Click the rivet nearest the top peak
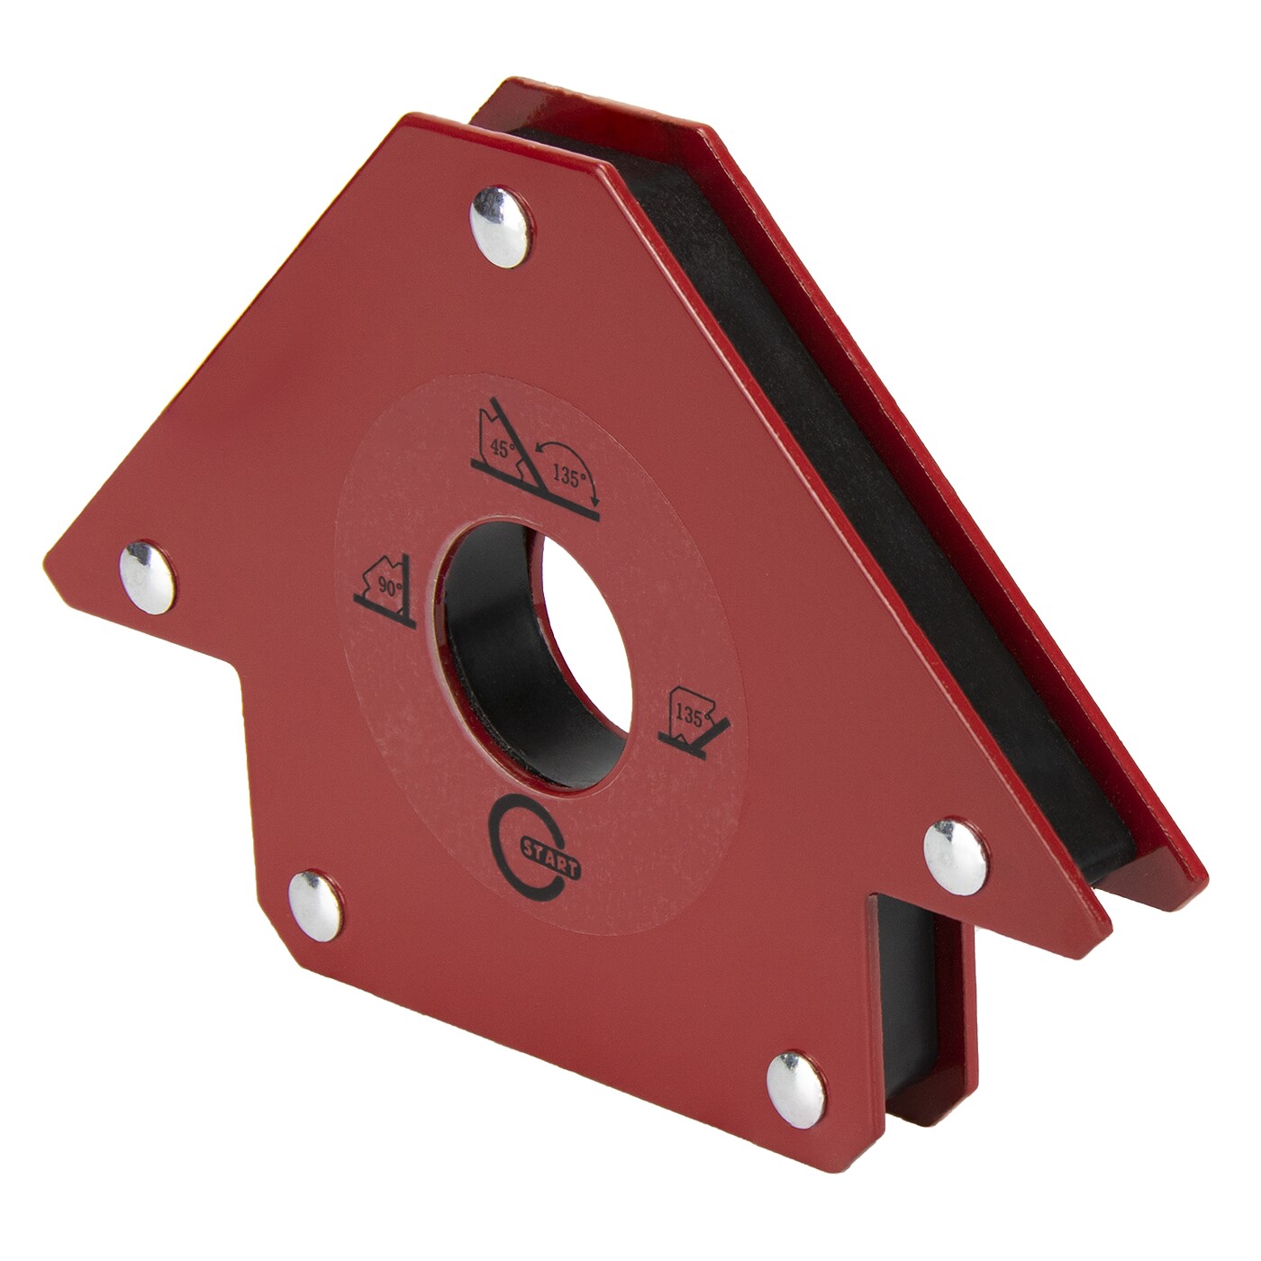point(501,226)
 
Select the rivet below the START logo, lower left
point(315,906)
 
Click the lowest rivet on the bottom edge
point(795,1090)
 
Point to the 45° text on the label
point(503,449)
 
